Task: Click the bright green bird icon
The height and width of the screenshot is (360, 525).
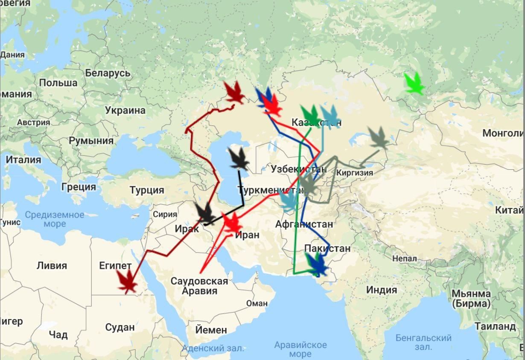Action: coord(414,83)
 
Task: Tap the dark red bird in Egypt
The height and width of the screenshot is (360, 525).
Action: coord(127,282)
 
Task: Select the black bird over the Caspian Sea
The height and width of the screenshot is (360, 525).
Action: coord(239,159)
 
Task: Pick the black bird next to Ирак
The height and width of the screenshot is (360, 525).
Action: coord(205,213)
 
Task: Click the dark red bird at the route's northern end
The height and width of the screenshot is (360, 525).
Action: coord(234,92)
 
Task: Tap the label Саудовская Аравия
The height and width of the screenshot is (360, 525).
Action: coord(199,286)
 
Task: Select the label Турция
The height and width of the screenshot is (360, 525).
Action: coord(147,190)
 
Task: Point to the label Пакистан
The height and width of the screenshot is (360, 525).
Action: coord(327,248)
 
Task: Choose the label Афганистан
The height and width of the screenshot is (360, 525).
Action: coord(304,224)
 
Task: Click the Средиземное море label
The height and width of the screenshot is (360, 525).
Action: coord(54,219)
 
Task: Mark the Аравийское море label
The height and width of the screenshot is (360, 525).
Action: coord(300,349)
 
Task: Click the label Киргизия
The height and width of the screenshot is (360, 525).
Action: coord(354,173)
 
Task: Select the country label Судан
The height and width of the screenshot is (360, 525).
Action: coord(120,328)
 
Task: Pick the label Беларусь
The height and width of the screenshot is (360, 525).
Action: coord(108,73)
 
